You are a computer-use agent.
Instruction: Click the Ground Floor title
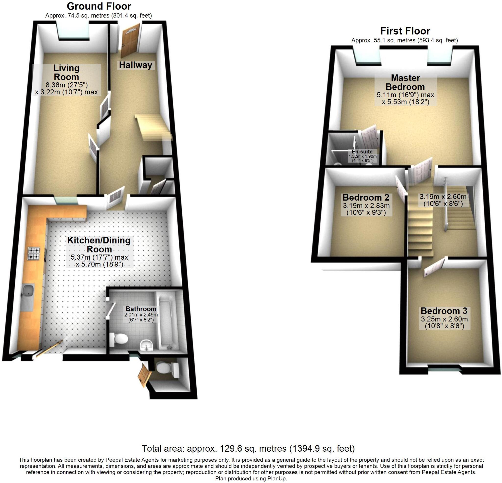tap(99, 6)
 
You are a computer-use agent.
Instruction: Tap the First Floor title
tap(405, 31)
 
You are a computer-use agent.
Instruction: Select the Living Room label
tap(66, 73)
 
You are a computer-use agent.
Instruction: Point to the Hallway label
tap(136, 65)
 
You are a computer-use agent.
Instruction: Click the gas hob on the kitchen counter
tap(34, 253)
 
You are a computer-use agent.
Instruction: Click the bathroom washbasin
tap(147, 345)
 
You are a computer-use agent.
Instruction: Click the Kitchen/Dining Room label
tap(99, 244)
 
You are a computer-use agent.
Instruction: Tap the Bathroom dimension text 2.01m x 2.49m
tap(141, 315)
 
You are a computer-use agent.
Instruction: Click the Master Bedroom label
tap(405, 82)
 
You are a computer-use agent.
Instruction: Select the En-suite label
tap(362, 152)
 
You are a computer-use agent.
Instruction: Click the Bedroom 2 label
tap(366, 197)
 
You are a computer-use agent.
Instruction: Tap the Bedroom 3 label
tap(444, 311)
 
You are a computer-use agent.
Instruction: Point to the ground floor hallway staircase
tap(154, 127)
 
